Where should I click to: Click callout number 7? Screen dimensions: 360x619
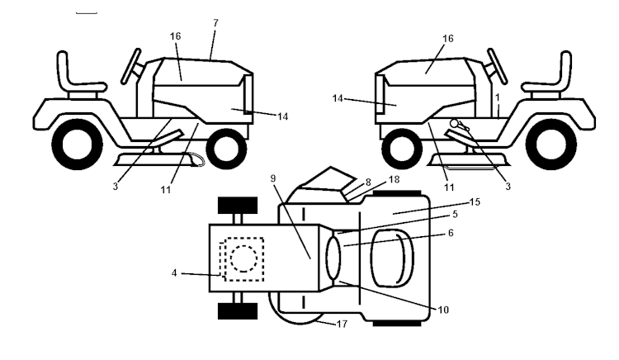215,22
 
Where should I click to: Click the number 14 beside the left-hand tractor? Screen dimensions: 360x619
282,116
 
